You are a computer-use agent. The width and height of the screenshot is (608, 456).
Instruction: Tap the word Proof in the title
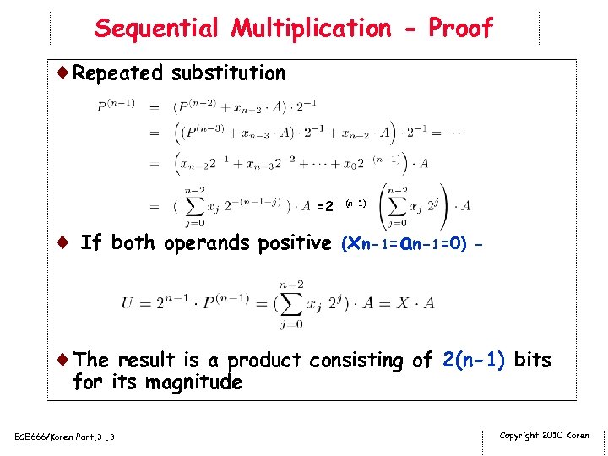point(460,28)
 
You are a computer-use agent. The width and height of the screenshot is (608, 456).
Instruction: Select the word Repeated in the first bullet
point(117,73)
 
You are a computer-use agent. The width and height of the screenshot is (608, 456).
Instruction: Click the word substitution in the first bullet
point(228,73)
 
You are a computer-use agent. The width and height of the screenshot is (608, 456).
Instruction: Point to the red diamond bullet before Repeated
point(64,73)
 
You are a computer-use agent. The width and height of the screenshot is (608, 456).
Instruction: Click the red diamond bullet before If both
point(64,243)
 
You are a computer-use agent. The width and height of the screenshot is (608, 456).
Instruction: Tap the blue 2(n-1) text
point(474,361)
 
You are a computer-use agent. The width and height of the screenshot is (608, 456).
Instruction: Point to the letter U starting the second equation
point(128,302)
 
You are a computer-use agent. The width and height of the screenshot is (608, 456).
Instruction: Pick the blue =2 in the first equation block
point(323,206)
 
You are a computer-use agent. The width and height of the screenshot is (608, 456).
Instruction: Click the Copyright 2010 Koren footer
point(545,435)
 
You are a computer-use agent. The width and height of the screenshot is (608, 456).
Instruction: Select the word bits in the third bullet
point(532,361)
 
